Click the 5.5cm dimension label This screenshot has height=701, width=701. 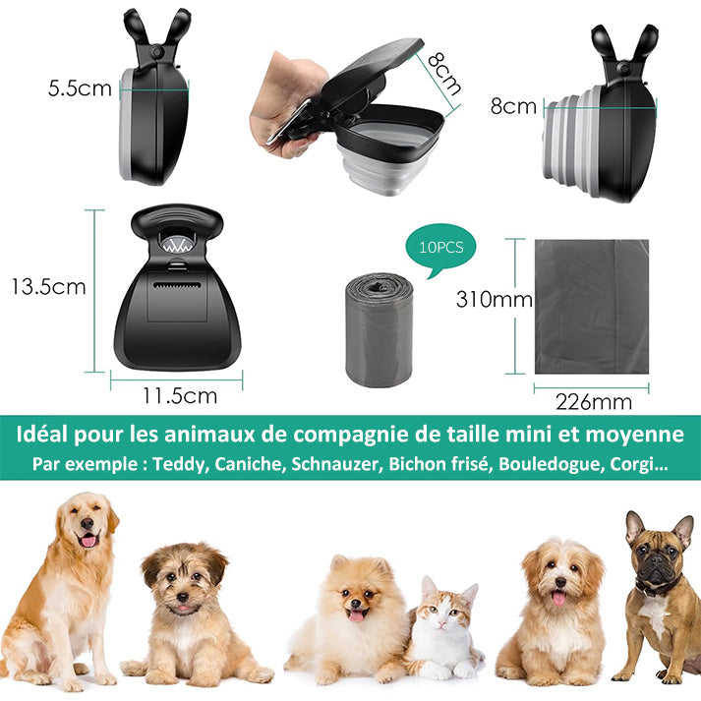click(x=80, y=88)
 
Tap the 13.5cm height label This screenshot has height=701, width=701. click(x=48, y=286)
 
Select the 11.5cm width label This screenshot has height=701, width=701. click(x=180, y=395)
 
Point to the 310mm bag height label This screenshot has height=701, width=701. click(x=494, y=299)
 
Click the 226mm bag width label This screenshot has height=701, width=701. click(x=594, y=402)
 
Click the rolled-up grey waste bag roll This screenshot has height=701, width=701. click(x=379, y=330)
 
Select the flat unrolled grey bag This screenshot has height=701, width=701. click(x=592, y=307)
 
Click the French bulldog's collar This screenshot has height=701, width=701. click(x=657, y=586)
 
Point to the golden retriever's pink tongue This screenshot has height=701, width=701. click(x=88, y=541)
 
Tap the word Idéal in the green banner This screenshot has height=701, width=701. click(x=41, y=435)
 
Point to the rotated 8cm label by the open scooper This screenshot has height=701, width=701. click(x=443, y=74)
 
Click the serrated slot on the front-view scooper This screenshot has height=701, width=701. click(x=177, y=285)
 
